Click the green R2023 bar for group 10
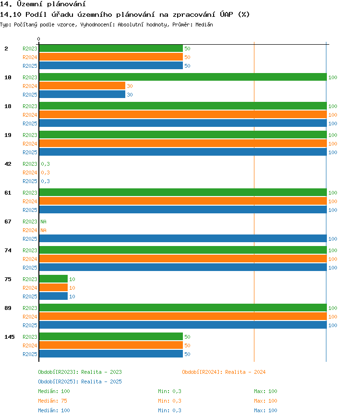point(183,77)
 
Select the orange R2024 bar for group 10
point(82,86)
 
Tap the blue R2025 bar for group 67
point(183,238)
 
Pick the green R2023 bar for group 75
point(53,279)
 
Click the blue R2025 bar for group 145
point(111,354)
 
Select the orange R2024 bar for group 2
point(111,57)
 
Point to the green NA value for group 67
point(44,222)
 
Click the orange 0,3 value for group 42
point(46,173)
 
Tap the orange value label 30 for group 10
point(130,86)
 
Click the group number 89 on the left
point(8,308)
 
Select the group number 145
point(10,337)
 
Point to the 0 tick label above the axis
point(39,39)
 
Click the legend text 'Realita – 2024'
point(245,372)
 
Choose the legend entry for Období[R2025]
point(80,382)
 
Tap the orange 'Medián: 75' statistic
point(53,401)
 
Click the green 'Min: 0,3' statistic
point(169,391)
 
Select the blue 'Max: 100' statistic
point(265,410)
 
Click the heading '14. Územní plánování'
point(43,4)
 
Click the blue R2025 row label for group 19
point(30,152)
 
